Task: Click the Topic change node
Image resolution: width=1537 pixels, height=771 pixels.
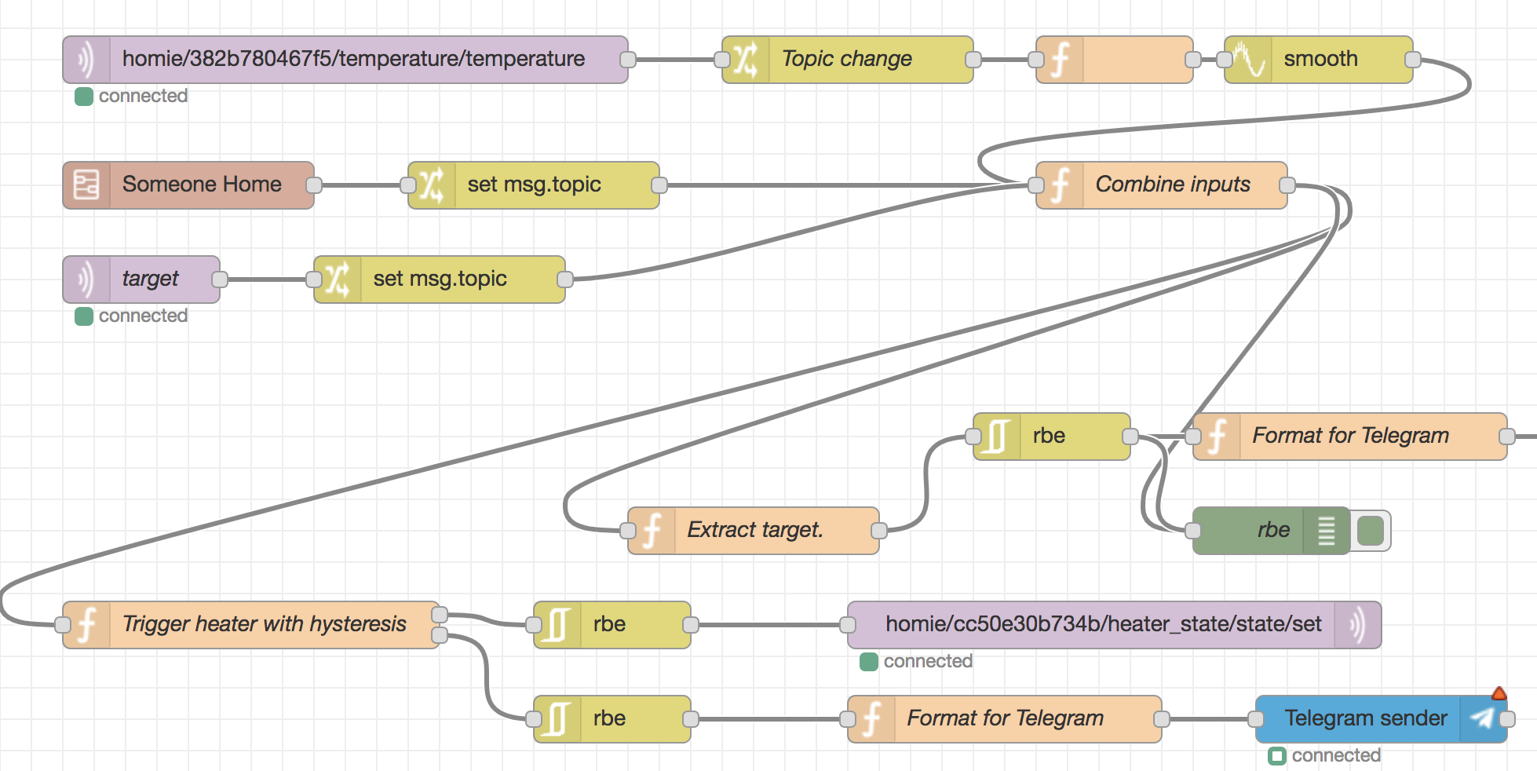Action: coord(848,60)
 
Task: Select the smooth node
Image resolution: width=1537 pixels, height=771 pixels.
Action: coord(1319,60)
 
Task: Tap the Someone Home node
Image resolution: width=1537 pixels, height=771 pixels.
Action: coord(188,185)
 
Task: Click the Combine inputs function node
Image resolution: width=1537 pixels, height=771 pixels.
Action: coord(1162,185)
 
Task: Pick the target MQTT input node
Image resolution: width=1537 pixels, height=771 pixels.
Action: coord(141,280)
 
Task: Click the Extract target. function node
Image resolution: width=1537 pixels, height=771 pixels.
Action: coord(754,531)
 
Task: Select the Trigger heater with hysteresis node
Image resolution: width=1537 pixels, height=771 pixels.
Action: coord(251,625)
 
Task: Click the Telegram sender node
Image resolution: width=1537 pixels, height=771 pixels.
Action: coord(1382,719)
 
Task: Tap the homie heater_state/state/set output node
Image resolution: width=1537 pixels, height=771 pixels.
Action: coord(1115,625)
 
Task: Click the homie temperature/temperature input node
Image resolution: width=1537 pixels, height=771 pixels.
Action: coord(345,60)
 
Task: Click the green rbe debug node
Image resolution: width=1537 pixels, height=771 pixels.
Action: coord(1272,531)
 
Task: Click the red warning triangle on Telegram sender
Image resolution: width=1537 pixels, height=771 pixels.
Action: coord(1499,693)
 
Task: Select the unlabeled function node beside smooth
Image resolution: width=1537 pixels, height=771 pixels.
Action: coord(1115,60)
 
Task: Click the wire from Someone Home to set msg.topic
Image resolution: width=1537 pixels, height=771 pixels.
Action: coord(361,185)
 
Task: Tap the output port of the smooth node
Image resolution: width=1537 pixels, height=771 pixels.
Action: coord(1413,60)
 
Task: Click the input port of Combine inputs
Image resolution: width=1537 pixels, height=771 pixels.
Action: coord(1036,185)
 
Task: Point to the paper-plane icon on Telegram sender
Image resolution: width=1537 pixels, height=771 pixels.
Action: coord(1482,718)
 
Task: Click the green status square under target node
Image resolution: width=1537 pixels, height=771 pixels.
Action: coord(84,316)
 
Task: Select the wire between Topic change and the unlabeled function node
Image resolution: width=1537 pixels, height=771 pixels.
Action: coord(1005,60)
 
